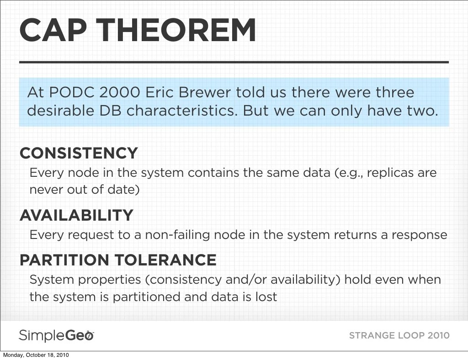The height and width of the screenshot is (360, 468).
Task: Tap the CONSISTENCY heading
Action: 79,153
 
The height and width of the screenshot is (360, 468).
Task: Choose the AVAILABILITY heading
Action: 76,215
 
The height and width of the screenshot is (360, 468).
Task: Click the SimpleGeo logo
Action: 56,336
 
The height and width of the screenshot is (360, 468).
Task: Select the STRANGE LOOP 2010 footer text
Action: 399,335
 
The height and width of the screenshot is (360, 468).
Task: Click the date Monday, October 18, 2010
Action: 36,355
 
